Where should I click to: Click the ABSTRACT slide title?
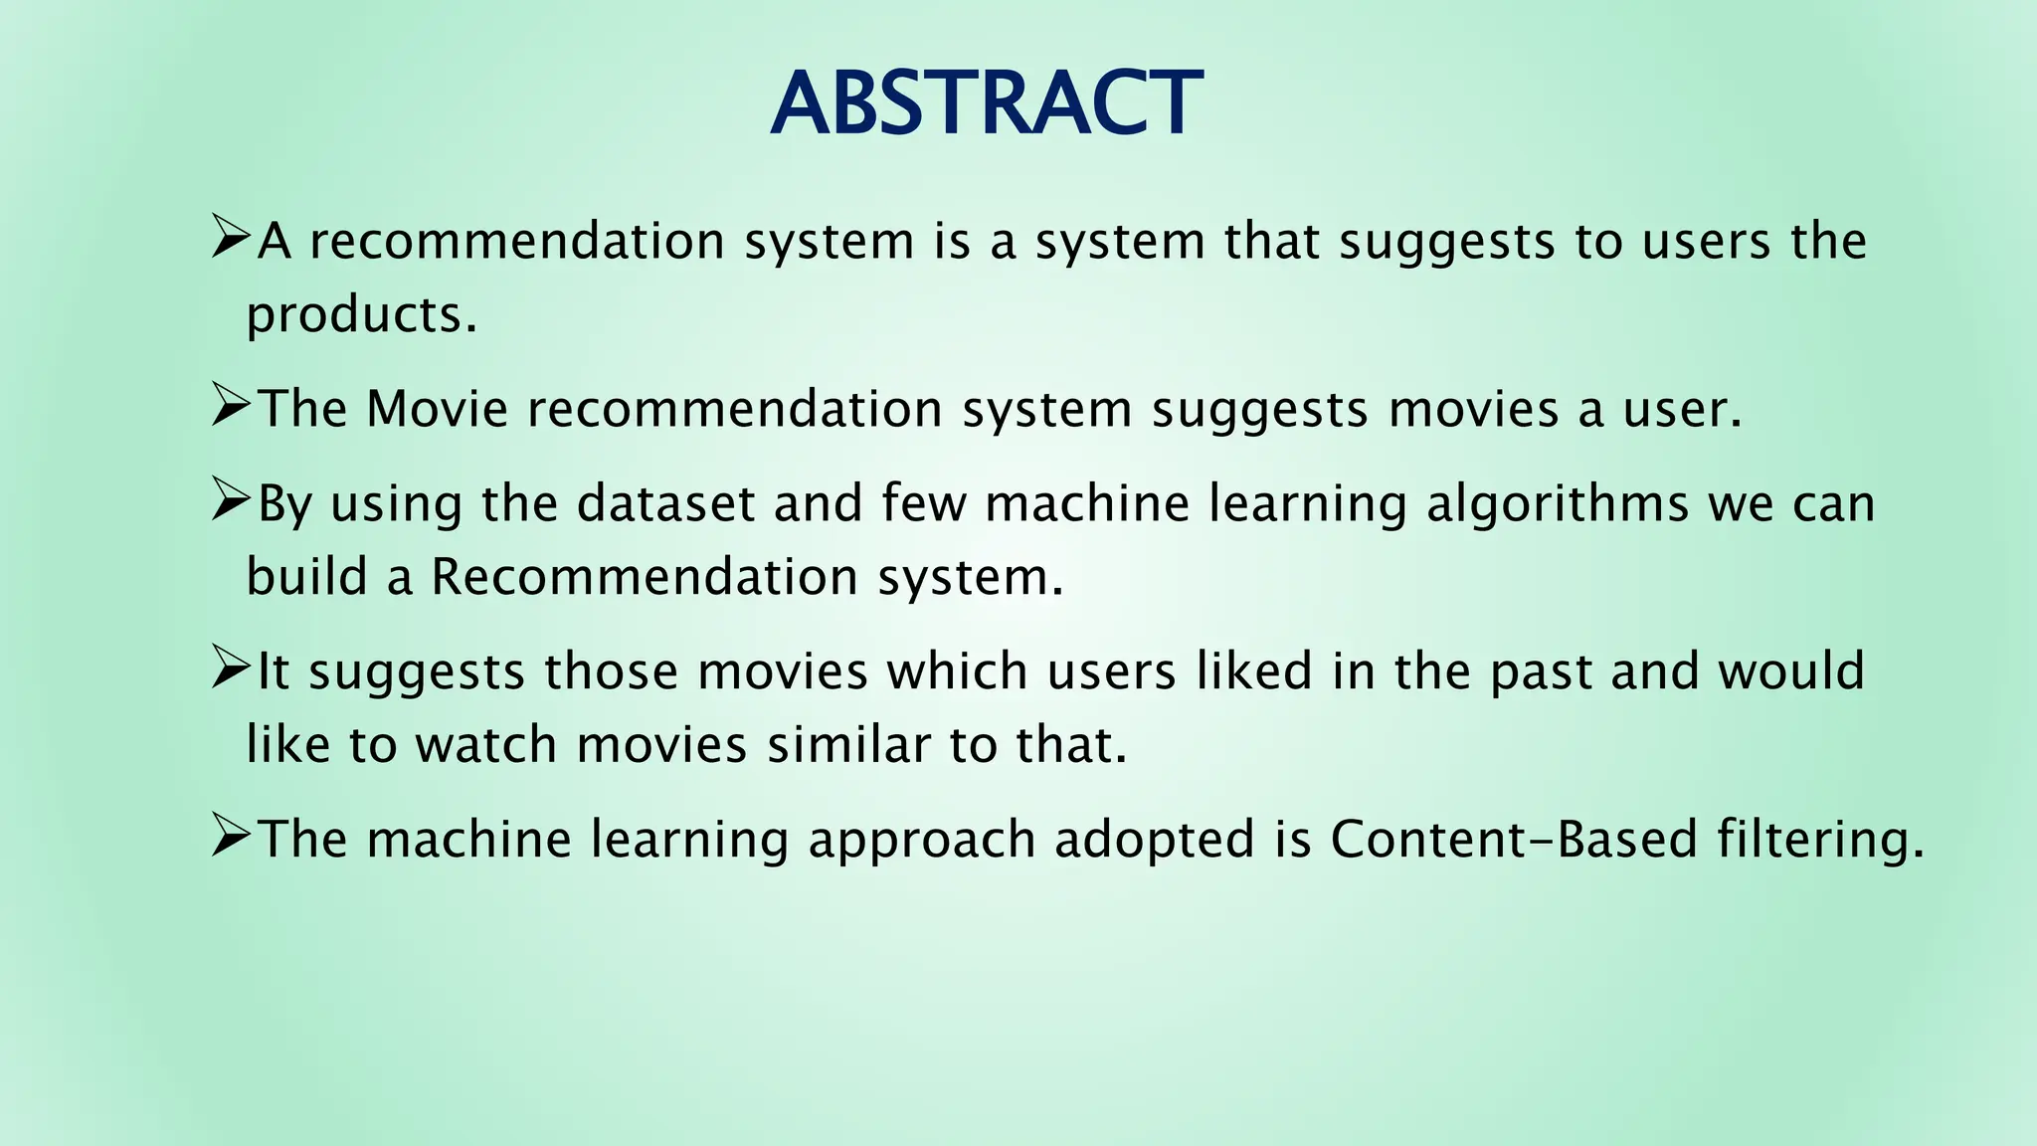point(986,103)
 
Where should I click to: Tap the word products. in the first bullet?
point(362,316)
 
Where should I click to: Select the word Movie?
point(437,409)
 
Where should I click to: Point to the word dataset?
point(665,503)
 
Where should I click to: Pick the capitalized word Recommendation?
point(645,577)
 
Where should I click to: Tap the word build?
point(306,577)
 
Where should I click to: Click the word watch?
point(485,745)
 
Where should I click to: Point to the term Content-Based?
point(1513,839)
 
